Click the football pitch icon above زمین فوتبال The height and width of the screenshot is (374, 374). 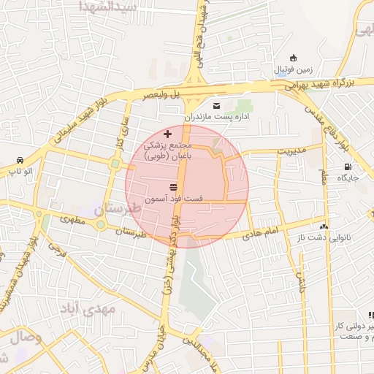[294, 58]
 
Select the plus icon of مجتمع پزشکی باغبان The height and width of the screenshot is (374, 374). [168, 134]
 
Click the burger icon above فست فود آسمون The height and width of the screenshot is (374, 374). [174, 188]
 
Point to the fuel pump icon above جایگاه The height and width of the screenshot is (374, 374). [346, 167]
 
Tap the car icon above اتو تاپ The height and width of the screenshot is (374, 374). [20, 161]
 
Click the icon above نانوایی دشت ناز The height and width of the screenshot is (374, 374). [324, 227]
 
